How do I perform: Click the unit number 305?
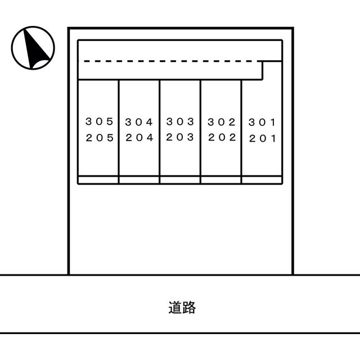[x=100, y=121]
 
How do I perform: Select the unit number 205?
[x=100, y=137]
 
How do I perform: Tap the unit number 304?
[x=139, y=121]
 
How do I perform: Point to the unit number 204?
[x=139, y=137]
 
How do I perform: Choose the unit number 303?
[x=180, y=121]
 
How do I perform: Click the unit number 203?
[x=180, y=137]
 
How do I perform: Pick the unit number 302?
[x=222, y=121]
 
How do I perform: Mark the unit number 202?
[x=222, y=137]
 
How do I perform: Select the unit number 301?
[x=263, y=121]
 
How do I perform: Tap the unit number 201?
[x=263, y=138]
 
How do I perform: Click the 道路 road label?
[x=182, y=308]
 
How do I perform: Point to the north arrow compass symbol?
[x=33, y=48]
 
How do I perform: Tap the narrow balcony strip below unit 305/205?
[x=98, y=180]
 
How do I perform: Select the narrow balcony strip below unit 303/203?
[x=180, y=180]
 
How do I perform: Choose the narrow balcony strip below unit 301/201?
[x=262, y=180]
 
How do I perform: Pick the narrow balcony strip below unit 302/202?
[x=221, y=180]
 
